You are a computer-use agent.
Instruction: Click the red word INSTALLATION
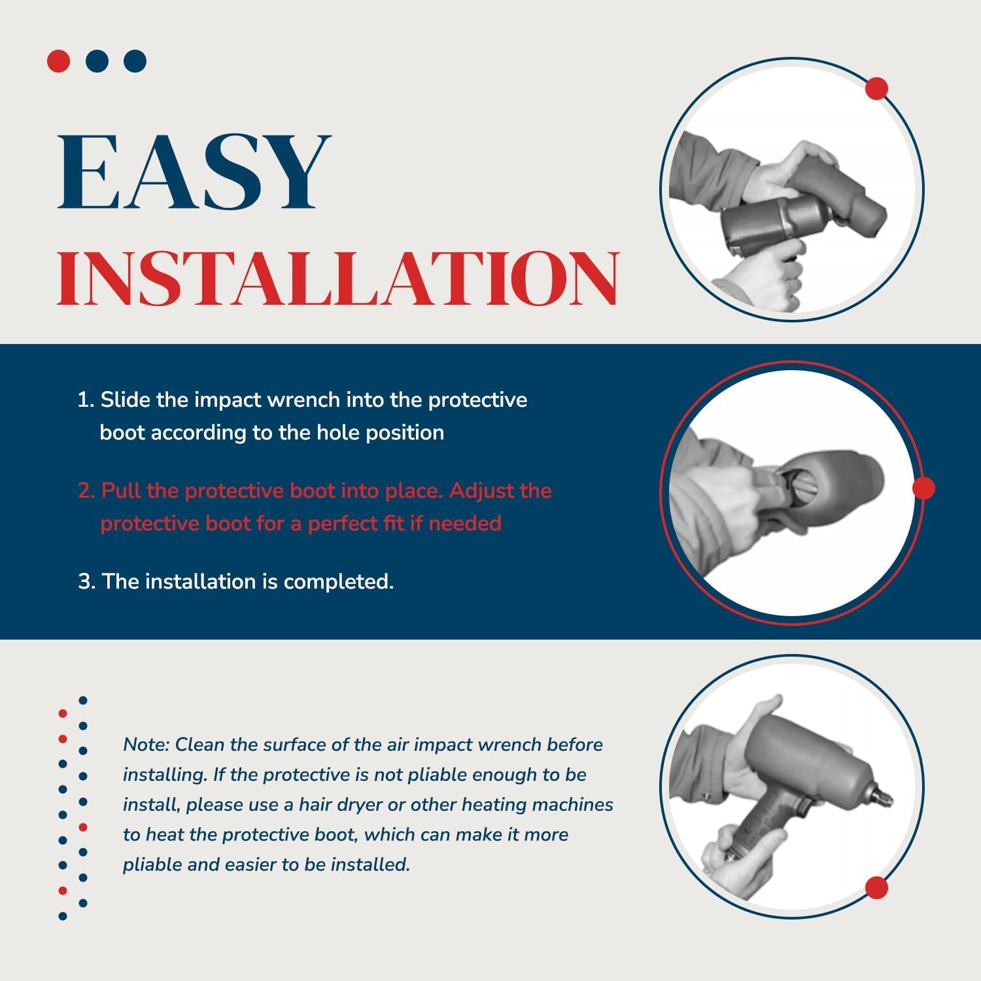[x=338, y=277]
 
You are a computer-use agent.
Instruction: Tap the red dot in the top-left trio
[x=58, y=61]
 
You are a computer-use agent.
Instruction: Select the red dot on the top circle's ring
[x=876, y=88]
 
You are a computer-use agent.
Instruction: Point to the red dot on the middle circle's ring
[x=923, y=488]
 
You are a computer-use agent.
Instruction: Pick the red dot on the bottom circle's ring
[x=876, y=888]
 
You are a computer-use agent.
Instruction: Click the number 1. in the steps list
[x=86, y=400]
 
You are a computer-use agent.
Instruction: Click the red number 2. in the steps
[x=87, y=490]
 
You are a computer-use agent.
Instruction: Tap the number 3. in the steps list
[x=87, y=581]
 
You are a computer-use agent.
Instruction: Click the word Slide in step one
[x=126, y=400]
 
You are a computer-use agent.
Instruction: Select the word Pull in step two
[x=122, y=490]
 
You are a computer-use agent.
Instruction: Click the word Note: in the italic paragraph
[x=146, y=745]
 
